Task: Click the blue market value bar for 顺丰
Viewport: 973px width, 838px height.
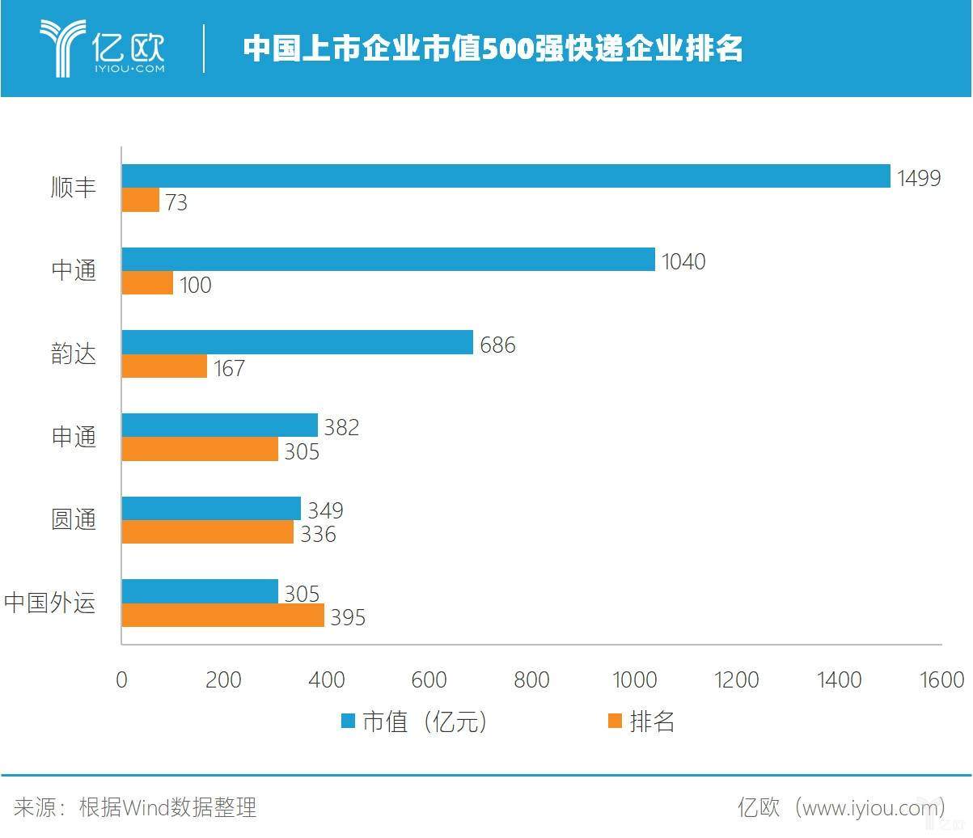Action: click(x=506, y=176)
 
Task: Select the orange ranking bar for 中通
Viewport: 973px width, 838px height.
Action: click(x=147, y=283)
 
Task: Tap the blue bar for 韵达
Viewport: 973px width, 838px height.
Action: click(x=297, y=342)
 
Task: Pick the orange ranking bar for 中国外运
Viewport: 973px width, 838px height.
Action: click(x=222, y=616)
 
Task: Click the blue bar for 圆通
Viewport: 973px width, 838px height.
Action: click(x=211, y=509)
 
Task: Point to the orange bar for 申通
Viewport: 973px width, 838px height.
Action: click(x=200, y=450)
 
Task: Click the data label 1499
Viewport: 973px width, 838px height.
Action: click(x=919, y=178)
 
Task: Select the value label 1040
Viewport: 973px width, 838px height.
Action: click(x=683, y=261)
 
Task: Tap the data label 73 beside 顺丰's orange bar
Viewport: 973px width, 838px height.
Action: click(x=176, y=202)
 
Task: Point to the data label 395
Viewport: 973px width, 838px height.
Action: click(x=348, y=617)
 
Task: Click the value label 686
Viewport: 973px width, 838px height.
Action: click(x=497, y=345)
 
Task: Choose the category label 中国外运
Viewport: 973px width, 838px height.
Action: click(x=50, y=603)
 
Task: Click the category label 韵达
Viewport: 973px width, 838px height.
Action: click(x=74, y=353)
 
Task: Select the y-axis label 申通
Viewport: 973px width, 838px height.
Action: click(x=74, y=437)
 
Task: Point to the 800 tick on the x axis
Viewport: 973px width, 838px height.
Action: click(x=531, y=679)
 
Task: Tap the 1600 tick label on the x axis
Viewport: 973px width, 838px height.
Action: click(x=941, y=679)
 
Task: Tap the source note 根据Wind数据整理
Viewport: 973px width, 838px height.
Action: click(x=167, y=806)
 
